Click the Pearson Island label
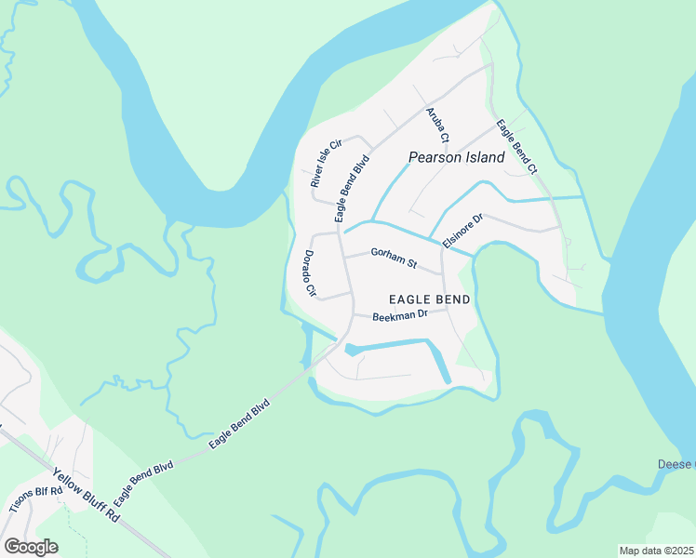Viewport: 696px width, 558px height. click(x=456, y=157)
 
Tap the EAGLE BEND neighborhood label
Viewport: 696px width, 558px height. click(x=429, y=299)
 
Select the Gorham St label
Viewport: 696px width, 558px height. click(x=394, y=257)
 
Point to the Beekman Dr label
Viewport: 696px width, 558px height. click(x=399, y=316)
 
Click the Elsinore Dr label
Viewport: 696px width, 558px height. click(x=462, y=232)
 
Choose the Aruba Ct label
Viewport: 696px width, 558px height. click(x=437, y=125)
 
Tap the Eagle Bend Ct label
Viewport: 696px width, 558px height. click(x=516, y=147)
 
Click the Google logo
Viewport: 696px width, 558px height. click(x=31, y=547)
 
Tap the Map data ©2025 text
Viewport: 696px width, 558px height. click(x=657, y=551)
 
